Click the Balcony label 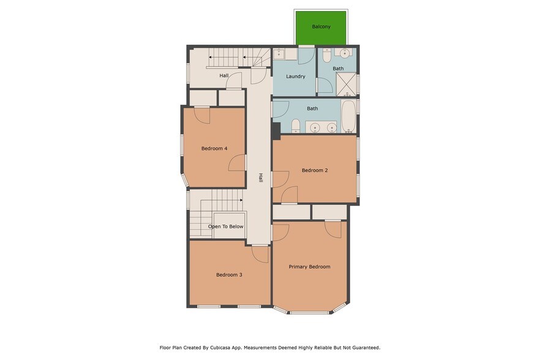[x=321, y=27]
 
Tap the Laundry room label [x=295, y=77]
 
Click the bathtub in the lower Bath [x=348, y=116]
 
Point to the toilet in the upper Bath [x=327, y=56]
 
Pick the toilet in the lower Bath [x=296, y=127]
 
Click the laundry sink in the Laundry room [x=279, y=54]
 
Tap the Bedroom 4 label [x=214, y=148]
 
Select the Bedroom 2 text [x=315, y=170]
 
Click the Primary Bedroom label [x=309, y=266]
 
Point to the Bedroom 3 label [x=229, y=275]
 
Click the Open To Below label [x=226, y=227]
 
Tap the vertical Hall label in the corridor [x=260, y=178]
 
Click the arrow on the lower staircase [x=241, y=200]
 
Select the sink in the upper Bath [x=345, y=53]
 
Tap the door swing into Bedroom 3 [x=260, y=253]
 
